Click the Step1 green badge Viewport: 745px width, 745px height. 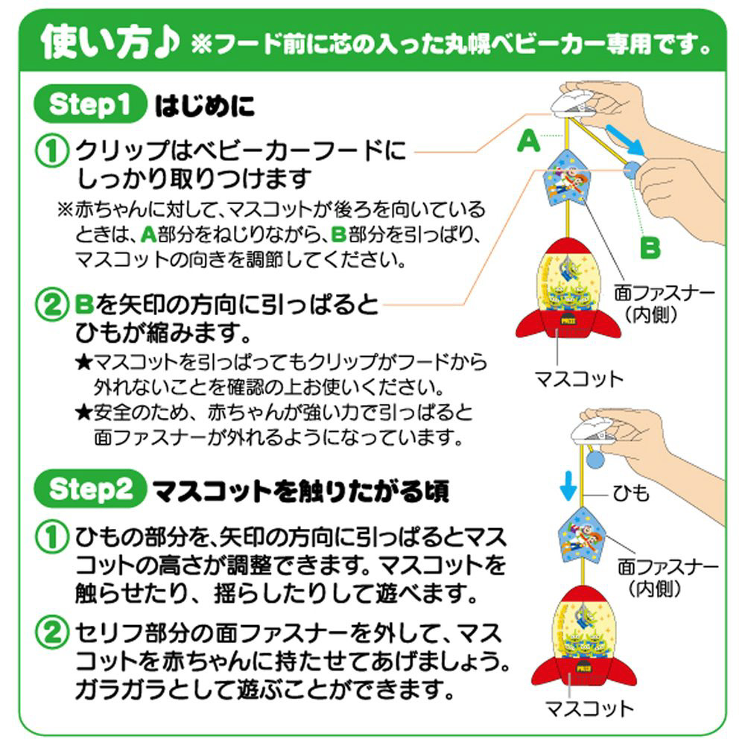click(x=90, y=104)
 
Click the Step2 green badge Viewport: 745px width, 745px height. click(x=90, y=489)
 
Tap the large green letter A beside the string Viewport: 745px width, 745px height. click(x=529, y=141)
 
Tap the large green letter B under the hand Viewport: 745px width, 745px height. click(x=650, y=247)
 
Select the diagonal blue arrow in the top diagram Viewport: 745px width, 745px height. click(x=625, y=140)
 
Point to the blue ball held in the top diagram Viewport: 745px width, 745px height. click(x=633, y=170)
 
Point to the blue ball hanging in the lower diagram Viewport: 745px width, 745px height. click(x=596, y=459)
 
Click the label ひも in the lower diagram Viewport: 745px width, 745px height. click(x=631, y=494)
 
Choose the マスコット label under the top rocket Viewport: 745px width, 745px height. click(x=579, y=378)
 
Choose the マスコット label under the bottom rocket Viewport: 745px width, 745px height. click(x=589, y=708)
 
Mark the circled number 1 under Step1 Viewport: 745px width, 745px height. click(x=51, y=150)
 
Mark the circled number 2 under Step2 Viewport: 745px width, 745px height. click(x=51, y=633)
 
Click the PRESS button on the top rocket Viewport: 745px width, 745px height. click(x=568, y=320)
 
